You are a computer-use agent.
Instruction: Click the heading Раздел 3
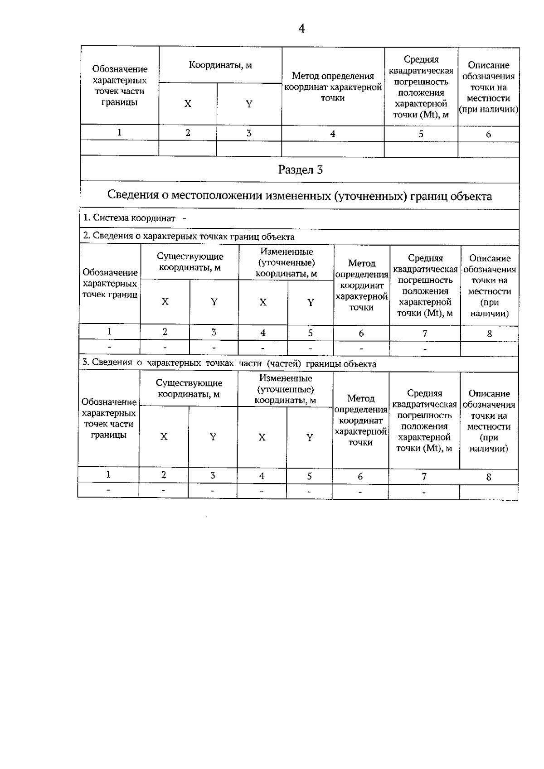[x=300, y=170]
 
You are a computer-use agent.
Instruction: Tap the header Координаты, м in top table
[x=220, y=65]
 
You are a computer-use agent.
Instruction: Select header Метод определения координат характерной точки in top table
[x=333, y=87]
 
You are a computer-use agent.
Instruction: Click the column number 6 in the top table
[x=488, y=134]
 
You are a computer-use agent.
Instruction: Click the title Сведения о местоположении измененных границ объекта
[x=299, y=196]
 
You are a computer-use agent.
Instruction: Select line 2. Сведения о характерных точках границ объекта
[x=189, y=237]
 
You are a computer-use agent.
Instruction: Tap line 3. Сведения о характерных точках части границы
[x=229, y=364]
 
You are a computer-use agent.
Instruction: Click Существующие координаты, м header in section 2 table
[x=190, y=262]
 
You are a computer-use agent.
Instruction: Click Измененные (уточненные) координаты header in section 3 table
[x=285, y=389]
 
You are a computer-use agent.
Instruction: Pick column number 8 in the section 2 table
[x=489, y=334]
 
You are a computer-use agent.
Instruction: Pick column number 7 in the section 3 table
[x=424, y=477]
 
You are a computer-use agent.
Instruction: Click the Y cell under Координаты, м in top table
[x=249, y=104]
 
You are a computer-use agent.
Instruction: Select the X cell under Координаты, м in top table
[x=188, y=104]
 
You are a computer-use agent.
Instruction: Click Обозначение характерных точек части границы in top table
[x=120, y=86]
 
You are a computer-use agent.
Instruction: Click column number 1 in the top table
[x=119, y=133]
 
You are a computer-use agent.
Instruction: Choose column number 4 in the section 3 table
[x=262, y=476]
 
